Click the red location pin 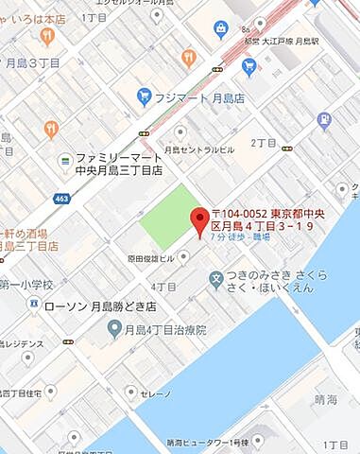point(199,220)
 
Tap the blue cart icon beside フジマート point(145,96)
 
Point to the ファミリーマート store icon point(64,159)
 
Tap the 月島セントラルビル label point(199,149)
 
